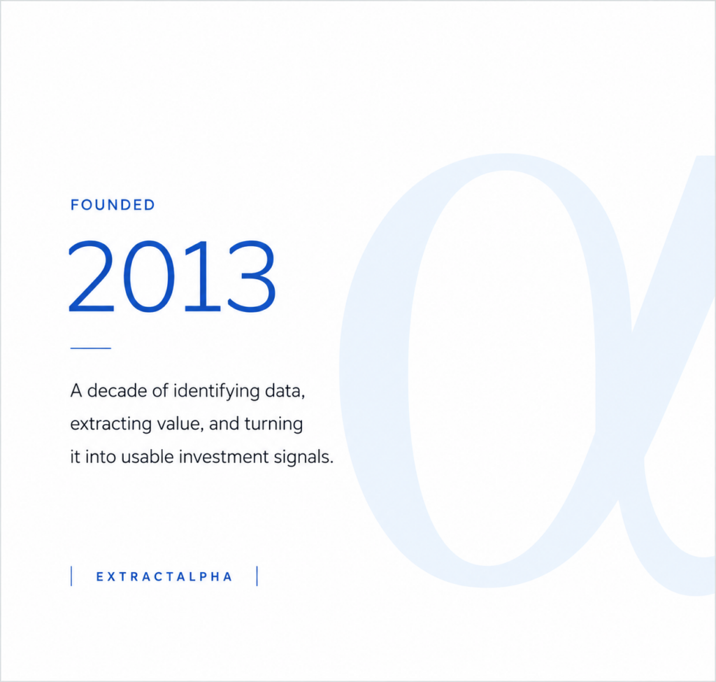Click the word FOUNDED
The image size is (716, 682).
113,205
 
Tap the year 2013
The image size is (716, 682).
172,277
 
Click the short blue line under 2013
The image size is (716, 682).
91,348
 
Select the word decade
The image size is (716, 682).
117,390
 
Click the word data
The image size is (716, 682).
285,391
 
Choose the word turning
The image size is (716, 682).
273,425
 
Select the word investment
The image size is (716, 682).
223,457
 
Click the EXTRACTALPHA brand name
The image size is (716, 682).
164,576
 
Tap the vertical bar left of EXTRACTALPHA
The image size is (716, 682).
72,576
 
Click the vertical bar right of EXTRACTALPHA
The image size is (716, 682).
257,576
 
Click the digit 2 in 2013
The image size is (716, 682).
92,277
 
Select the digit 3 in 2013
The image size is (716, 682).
252,277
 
